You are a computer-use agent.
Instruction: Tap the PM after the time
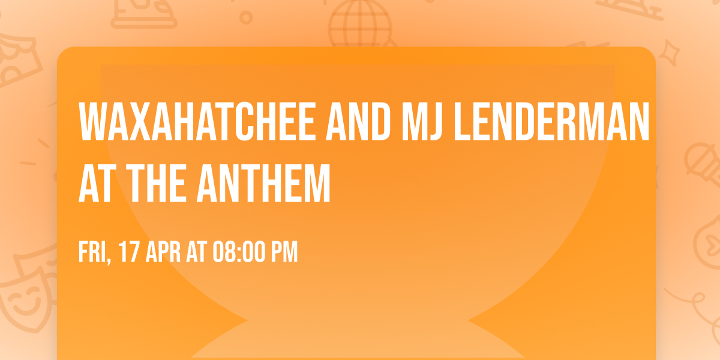coord(284,252)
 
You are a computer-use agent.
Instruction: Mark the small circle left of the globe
coord(245,17)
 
